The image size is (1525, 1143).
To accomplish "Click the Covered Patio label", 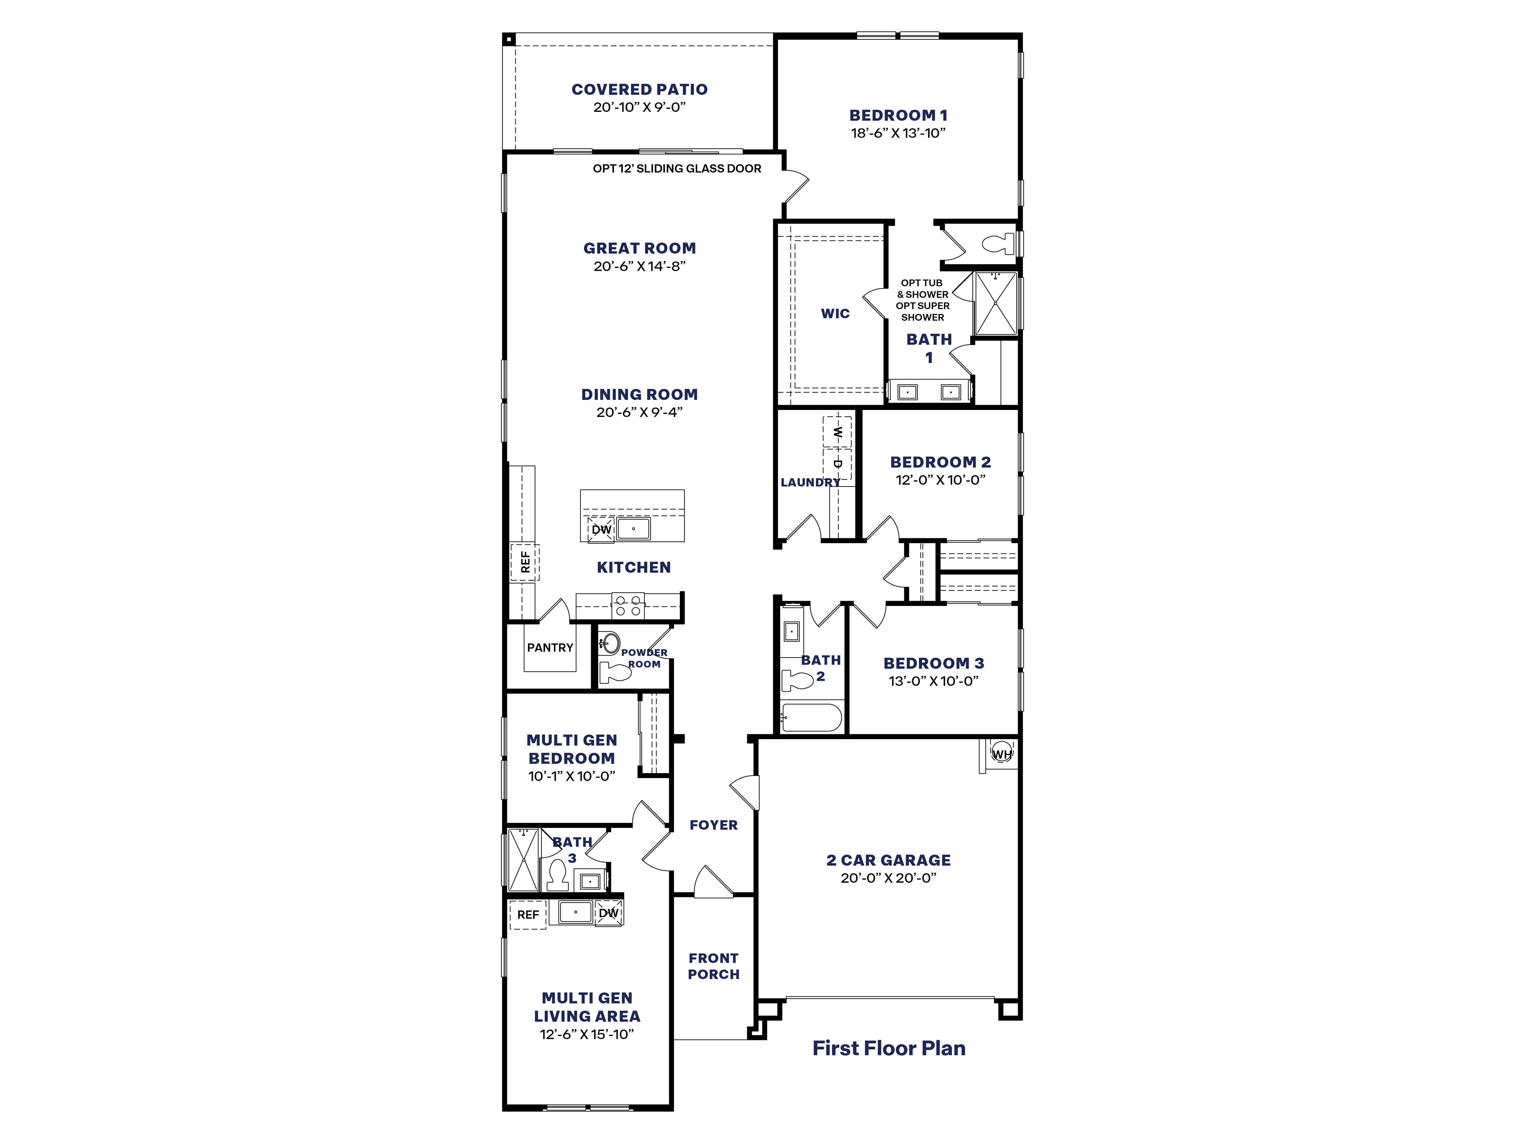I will [639, 90].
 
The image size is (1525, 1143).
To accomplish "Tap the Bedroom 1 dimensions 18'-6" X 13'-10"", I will [898, 133].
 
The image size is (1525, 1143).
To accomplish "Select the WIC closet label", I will [835, 313].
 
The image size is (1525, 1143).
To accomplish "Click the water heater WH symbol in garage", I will [1001, 754].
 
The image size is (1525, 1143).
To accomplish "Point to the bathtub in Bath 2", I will [811, 717].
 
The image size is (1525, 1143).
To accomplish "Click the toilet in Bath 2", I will [798, 681].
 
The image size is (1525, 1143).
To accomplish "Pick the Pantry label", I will [550, 648].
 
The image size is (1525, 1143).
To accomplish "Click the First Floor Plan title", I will [889, 1048].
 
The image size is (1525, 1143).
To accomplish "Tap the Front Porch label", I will [714, 966].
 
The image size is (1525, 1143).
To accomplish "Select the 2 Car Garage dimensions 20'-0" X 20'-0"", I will [888, 878].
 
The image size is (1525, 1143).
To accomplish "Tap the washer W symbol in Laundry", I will [837, 433].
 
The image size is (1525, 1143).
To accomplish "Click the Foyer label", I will [714, 825].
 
